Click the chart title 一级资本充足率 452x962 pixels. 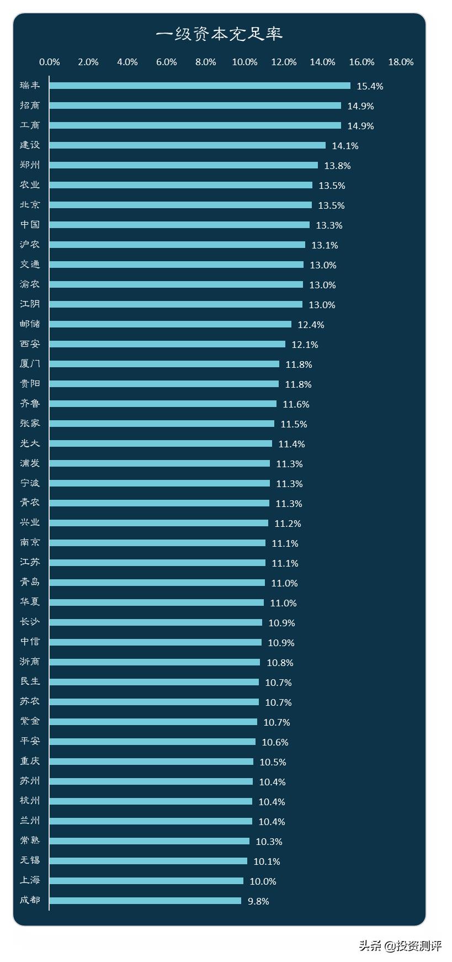point(219,34)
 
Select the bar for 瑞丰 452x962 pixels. point(200,86)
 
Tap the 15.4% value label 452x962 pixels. point(370,86)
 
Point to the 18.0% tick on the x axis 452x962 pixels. point(401,62)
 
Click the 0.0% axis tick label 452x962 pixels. point(50,62)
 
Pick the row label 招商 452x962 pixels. point(30,105)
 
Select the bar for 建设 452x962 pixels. point(188,145)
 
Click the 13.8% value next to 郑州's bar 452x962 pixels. point(337,166)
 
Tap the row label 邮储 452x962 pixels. point(30,324)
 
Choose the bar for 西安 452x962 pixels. point(167,344)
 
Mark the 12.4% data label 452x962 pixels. point(311,325)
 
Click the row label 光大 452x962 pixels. point(30,443)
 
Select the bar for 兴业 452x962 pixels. point(159,523)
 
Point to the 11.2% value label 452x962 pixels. point(288,524)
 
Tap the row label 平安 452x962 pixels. point(30,742)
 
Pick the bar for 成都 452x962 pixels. point(145,901)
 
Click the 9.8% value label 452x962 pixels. point(258,901)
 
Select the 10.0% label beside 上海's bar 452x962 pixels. point(263,881)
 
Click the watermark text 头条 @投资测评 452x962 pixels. point(400,945)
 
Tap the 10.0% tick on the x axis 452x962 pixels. point(244,62)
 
